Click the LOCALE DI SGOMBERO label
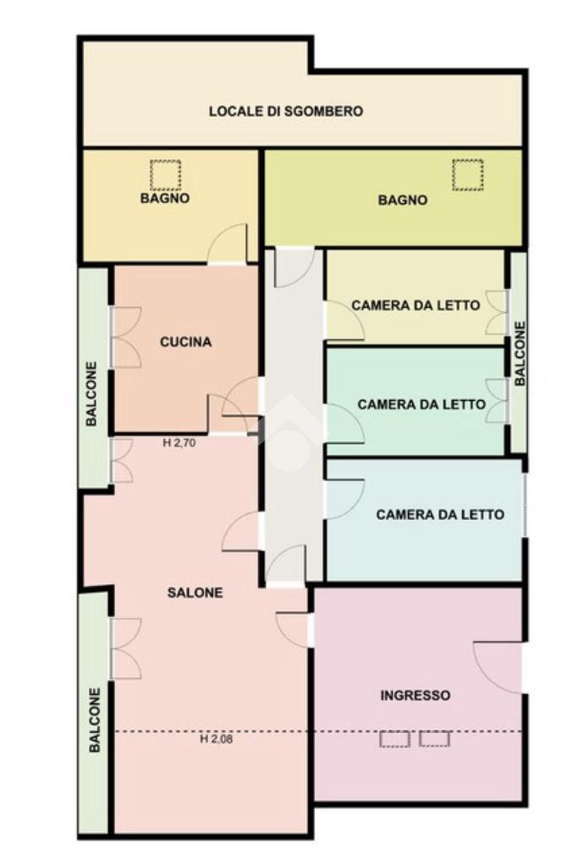pyautogui.click(x=285, y=111)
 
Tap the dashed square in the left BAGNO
pyautogui.click(x=165, y=175)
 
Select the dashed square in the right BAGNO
pyautogui.click(x=468, y=175)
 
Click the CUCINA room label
pyautogui.click(x=185, y=342)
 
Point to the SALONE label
pyautogui.click(x=195, y=593)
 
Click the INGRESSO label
pyautogui.click(x=416, y=696)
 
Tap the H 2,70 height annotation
pyautogui.click(x=179, y=442)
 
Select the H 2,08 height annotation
pyautogui.click(x=216, y=739)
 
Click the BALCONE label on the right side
pyautogui.click(x=520, y=353)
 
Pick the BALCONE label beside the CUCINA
pyautogui.click(x=91, y=393)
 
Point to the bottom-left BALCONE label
pyautogui.click(x=95, y=720)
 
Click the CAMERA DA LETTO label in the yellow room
pyautogui.click(x=416, y=305)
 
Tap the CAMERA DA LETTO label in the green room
pyautogui.click(x=421, y=404)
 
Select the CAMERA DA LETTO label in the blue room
pyautogui.click(x=440, y=515)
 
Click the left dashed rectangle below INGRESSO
pyautogui.click(x=394, y=739)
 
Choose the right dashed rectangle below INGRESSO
pyautogui.click(x=434, y=739)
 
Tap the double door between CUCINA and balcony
pyautogui.click(x=126, y=337)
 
